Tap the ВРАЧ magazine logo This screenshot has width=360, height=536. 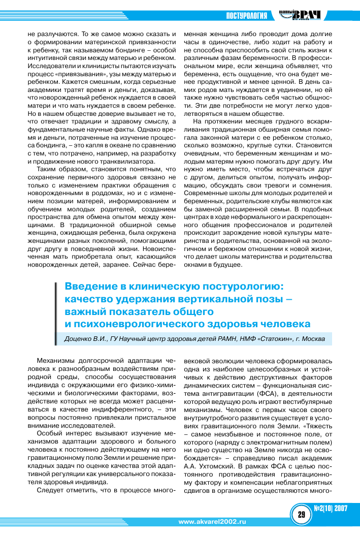[304, 15]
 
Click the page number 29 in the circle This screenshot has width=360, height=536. [301, 514]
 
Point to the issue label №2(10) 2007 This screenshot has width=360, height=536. [331, 509]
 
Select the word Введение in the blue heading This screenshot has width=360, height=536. [91, 287]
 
